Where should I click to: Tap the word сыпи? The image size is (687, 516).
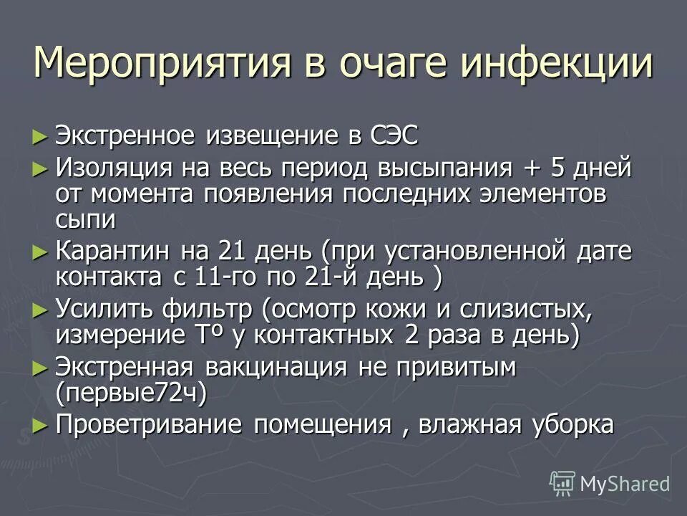84,219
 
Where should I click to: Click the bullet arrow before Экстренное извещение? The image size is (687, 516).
40,134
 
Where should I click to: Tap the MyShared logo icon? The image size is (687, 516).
562,483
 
